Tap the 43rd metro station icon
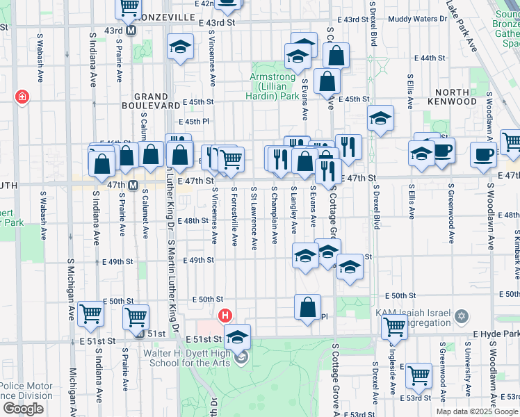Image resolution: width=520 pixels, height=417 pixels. click(131, 31)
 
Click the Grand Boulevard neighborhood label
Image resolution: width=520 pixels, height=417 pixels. click(156, 101)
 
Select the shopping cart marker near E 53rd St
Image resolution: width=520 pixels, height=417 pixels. click(419, 375)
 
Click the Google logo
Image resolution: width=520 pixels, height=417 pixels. click(23, 409)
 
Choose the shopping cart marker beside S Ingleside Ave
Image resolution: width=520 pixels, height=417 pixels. click(394, 327)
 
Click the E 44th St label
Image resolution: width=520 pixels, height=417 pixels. click(428, 58)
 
